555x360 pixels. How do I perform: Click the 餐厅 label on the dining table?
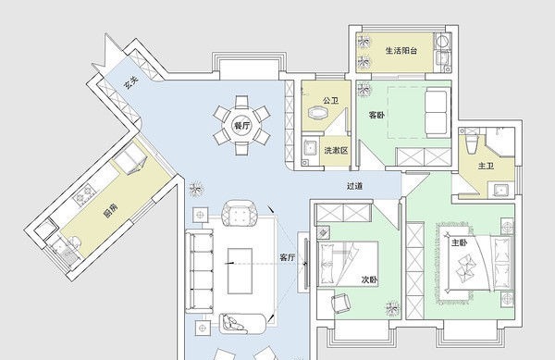(242, 126)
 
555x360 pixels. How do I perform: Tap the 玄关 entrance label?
(131, 83)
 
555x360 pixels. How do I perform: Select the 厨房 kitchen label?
(110, 210)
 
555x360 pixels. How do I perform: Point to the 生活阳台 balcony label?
(401, 51)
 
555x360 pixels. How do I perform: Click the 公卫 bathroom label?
(330, 101)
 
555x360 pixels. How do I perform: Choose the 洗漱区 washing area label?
(336, 151)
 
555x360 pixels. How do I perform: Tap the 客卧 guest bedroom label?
(376, 115)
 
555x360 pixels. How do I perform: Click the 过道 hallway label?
(354, 186)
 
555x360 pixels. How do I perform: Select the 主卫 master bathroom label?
(486, 166)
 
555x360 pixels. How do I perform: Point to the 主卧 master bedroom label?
(460, 242)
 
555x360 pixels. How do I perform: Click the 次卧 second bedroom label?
(369, 279)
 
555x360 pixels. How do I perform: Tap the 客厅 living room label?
(287, 257)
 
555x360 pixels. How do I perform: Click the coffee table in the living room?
(240, 271)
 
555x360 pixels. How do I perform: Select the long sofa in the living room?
(199, 271)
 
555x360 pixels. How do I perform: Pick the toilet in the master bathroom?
(471, 144)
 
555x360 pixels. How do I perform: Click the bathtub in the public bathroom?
(318, 113)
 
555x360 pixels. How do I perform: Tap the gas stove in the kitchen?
(84, 194)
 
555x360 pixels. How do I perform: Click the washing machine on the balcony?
(442, 41)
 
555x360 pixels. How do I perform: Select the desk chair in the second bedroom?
(340, 304)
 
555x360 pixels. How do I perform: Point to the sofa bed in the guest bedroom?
(438, 113)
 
